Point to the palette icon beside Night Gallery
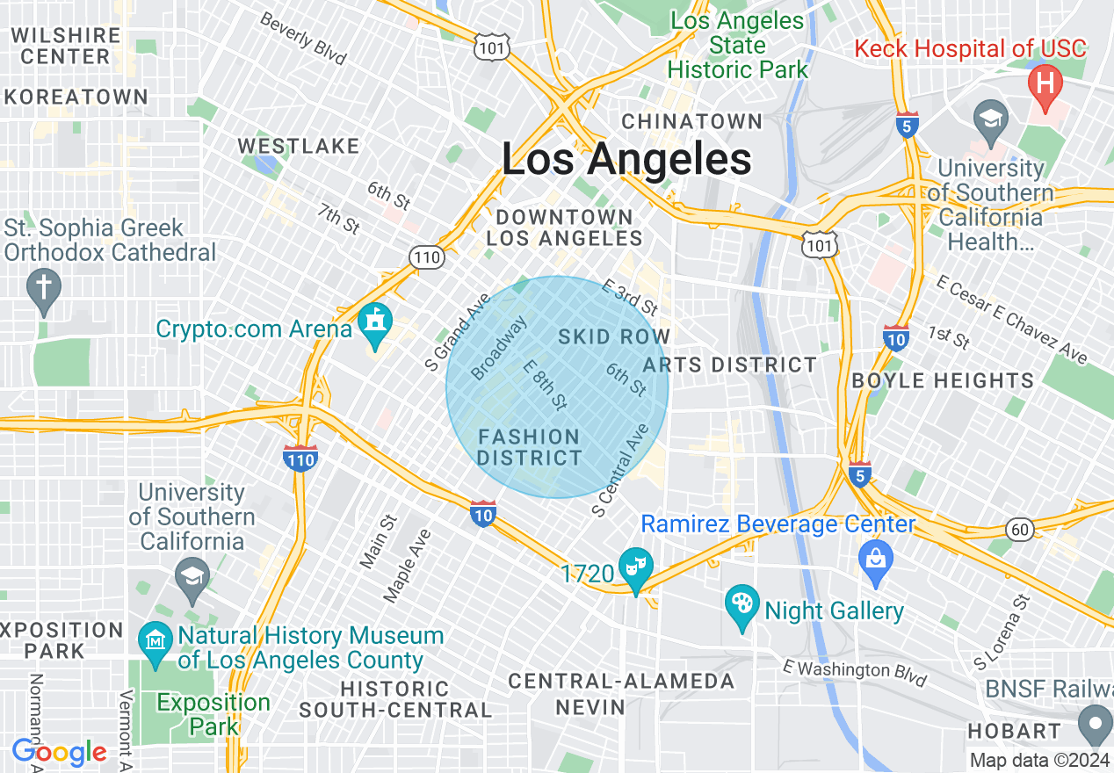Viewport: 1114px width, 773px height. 742,605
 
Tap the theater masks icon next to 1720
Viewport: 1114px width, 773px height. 634,567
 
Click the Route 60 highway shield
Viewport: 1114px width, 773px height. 1020,529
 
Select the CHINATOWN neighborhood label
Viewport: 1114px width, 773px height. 692,121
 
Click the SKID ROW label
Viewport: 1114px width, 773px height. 614,336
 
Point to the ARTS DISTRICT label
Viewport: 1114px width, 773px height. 730,365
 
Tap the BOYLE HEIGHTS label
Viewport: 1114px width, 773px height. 943,380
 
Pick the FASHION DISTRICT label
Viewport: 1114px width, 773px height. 529,447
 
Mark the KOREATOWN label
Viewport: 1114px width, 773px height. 75,97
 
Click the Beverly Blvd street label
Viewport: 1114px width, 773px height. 302,40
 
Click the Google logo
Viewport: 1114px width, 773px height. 59,752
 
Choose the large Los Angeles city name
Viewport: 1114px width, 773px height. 626,160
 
